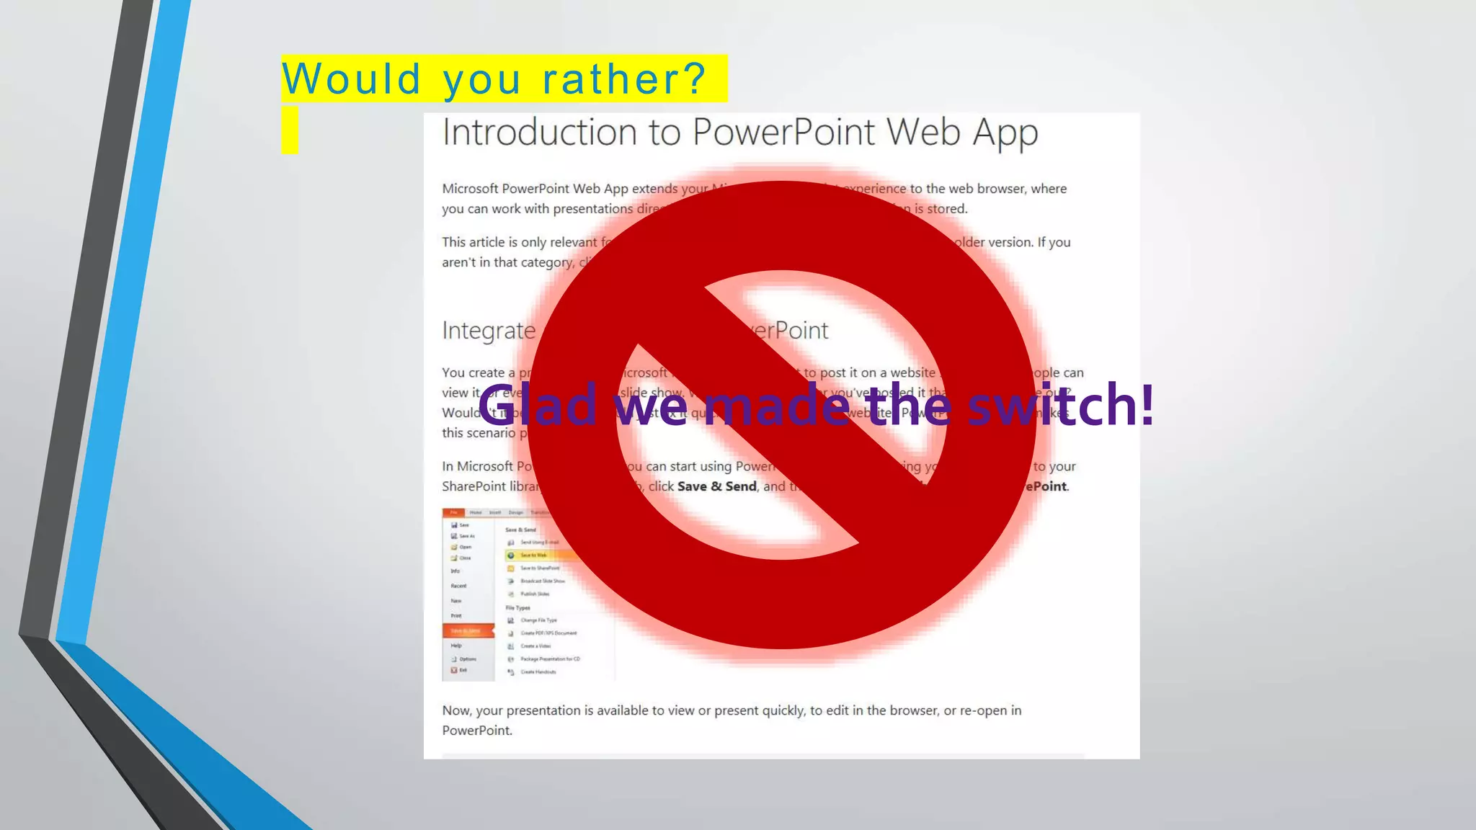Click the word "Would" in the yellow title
point(351,79)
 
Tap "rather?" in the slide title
point(624,79)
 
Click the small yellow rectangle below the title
point(290,130)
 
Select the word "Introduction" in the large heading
point(539,133)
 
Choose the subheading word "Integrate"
point(489,331)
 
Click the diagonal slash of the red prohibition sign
point(782,414)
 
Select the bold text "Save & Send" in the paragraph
point(716,486)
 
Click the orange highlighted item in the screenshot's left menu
point(468,630)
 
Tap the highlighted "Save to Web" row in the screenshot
point(537,555)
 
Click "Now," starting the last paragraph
point(456,710)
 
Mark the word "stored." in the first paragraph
point(947,209)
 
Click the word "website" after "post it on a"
point(912,372)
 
